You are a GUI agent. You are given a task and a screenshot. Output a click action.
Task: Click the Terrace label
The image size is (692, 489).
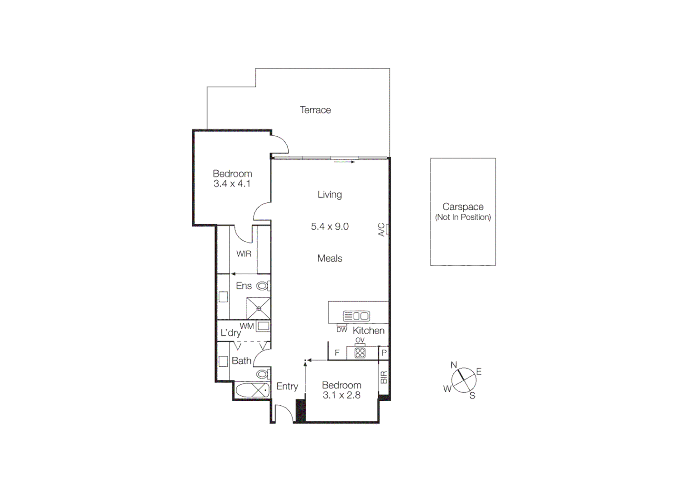tap(315, 110)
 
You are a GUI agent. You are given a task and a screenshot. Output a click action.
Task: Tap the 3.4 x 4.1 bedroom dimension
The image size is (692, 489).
tap(232, 184)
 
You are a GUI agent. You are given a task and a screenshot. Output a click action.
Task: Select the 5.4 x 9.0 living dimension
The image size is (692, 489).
tap(330, 226)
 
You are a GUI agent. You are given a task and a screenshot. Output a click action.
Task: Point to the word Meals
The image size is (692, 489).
tap(330, 259)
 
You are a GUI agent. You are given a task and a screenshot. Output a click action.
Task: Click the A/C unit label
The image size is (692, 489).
tap(381, 230)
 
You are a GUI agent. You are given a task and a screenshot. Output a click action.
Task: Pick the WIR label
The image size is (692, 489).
tap(244, 254)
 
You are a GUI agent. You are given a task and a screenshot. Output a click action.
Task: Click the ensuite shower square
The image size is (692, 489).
tap(259, 308)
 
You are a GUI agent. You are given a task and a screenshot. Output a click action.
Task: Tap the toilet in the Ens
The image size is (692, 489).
tap(263, 286)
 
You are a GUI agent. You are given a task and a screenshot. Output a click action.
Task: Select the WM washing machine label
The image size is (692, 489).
tap(246, 326)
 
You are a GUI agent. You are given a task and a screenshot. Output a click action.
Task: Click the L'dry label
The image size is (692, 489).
tap(231, 333)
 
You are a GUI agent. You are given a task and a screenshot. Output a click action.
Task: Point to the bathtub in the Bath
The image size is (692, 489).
tap(252, 390)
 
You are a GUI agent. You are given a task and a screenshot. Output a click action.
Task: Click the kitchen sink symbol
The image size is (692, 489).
tap(356, 316)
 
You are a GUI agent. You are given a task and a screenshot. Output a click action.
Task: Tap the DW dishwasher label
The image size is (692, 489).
tap(342, 330)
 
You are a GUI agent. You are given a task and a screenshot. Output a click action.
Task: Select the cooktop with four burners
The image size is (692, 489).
tap(360, 353)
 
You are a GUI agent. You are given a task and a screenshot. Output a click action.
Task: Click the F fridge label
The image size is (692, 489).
tap(337, 353)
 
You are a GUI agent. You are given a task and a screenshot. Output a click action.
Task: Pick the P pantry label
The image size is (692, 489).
tap(384, 353)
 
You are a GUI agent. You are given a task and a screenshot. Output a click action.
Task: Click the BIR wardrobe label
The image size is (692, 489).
tap(384, 377)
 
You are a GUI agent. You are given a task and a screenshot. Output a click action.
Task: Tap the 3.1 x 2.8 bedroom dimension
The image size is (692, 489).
tap(341, 395)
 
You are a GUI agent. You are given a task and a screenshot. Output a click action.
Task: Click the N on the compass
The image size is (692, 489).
tap(454, 365)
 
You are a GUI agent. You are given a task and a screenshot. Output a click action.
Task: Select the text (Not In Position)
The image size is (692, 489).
tap(463, 217)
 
